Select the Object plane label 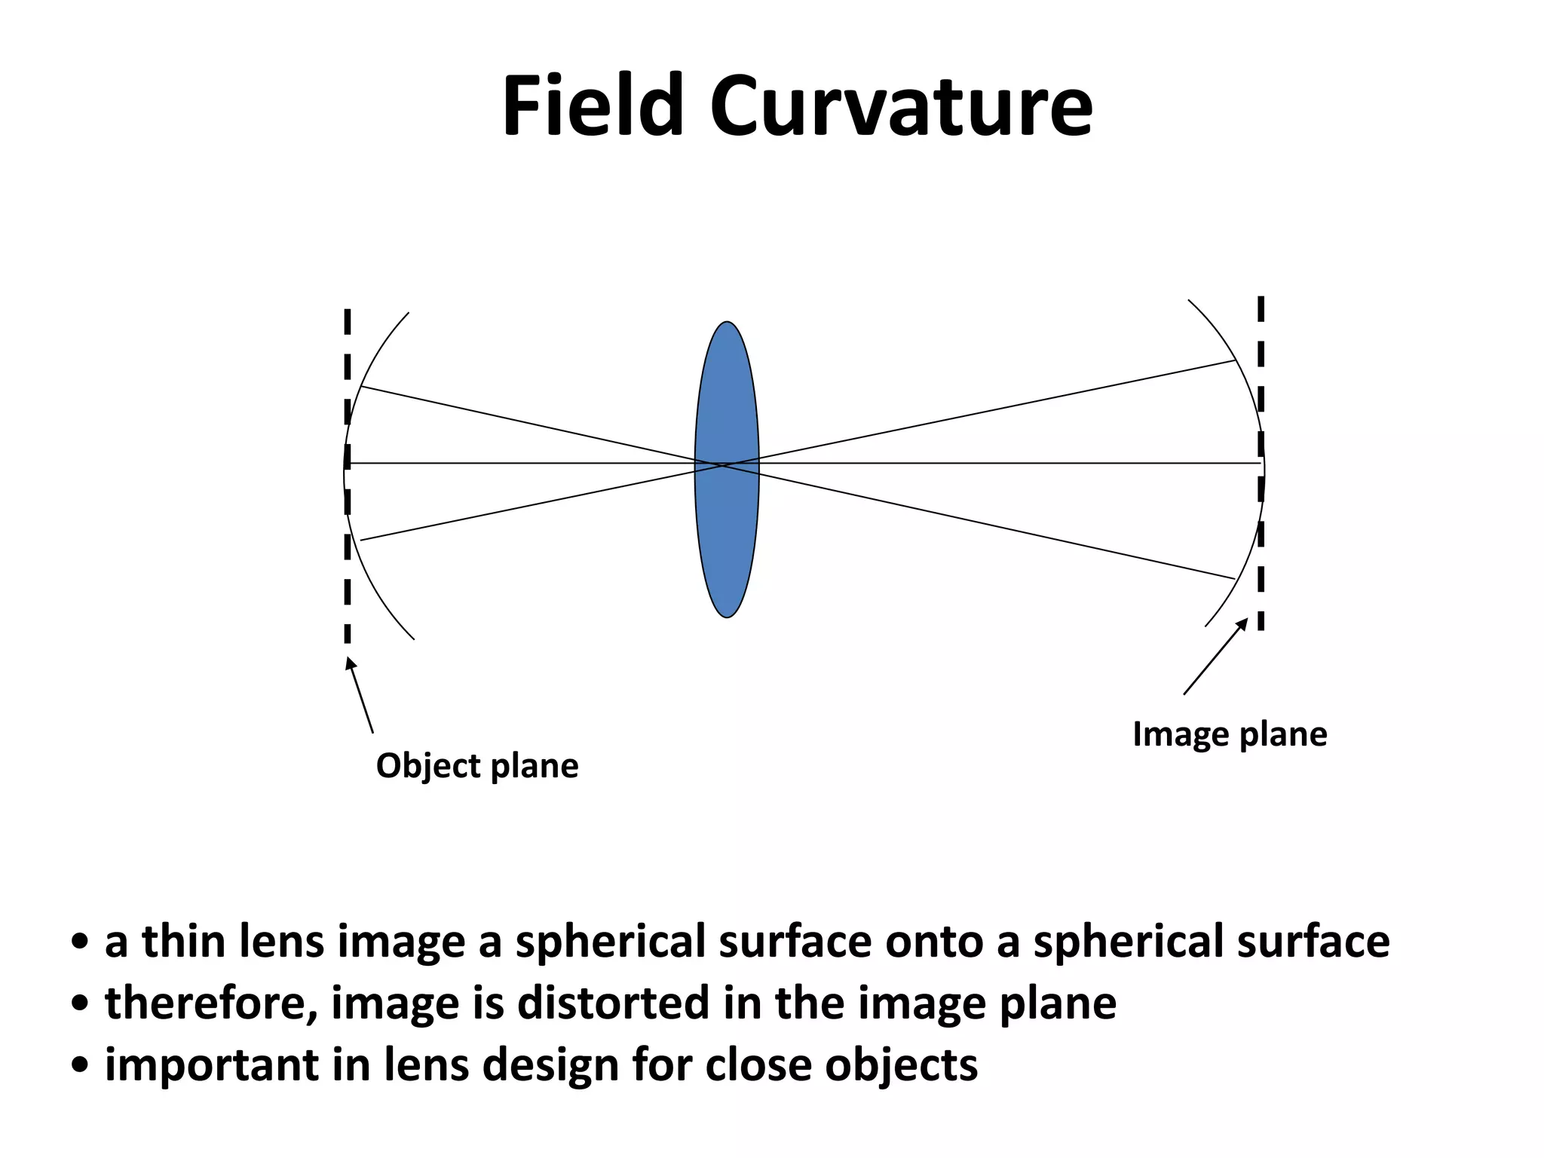coord(477,766)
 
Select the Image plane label coord(1230,734)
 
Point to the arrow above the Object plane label coord(360,694)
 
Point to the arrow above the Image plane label coord(1215,656)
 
